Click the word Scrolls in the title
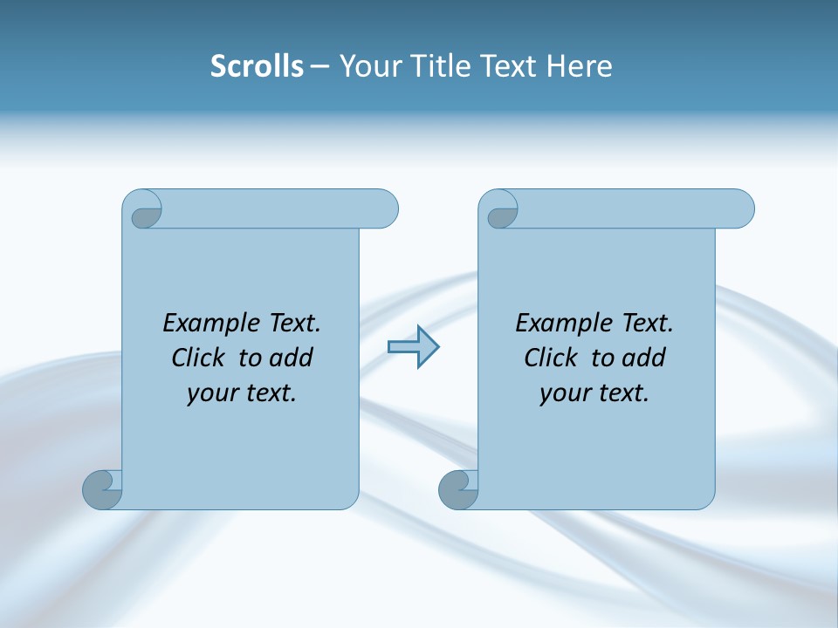pyautogui.click(x=257, y=65)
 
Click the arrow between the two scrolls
pyautogui.click(x=413, y=347)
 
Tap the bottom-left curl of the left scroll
pyautogui.click(x=104, y=488)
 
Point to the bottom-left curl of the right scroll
pyautogui.click(x=459, y=488)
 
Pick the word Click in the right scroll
pyautogui.click(x=551, y=358)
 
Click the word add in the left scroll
pyautogui.click(x=292, y=358)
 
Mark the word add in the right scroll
pyautogui.click(x=645, y=358)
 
